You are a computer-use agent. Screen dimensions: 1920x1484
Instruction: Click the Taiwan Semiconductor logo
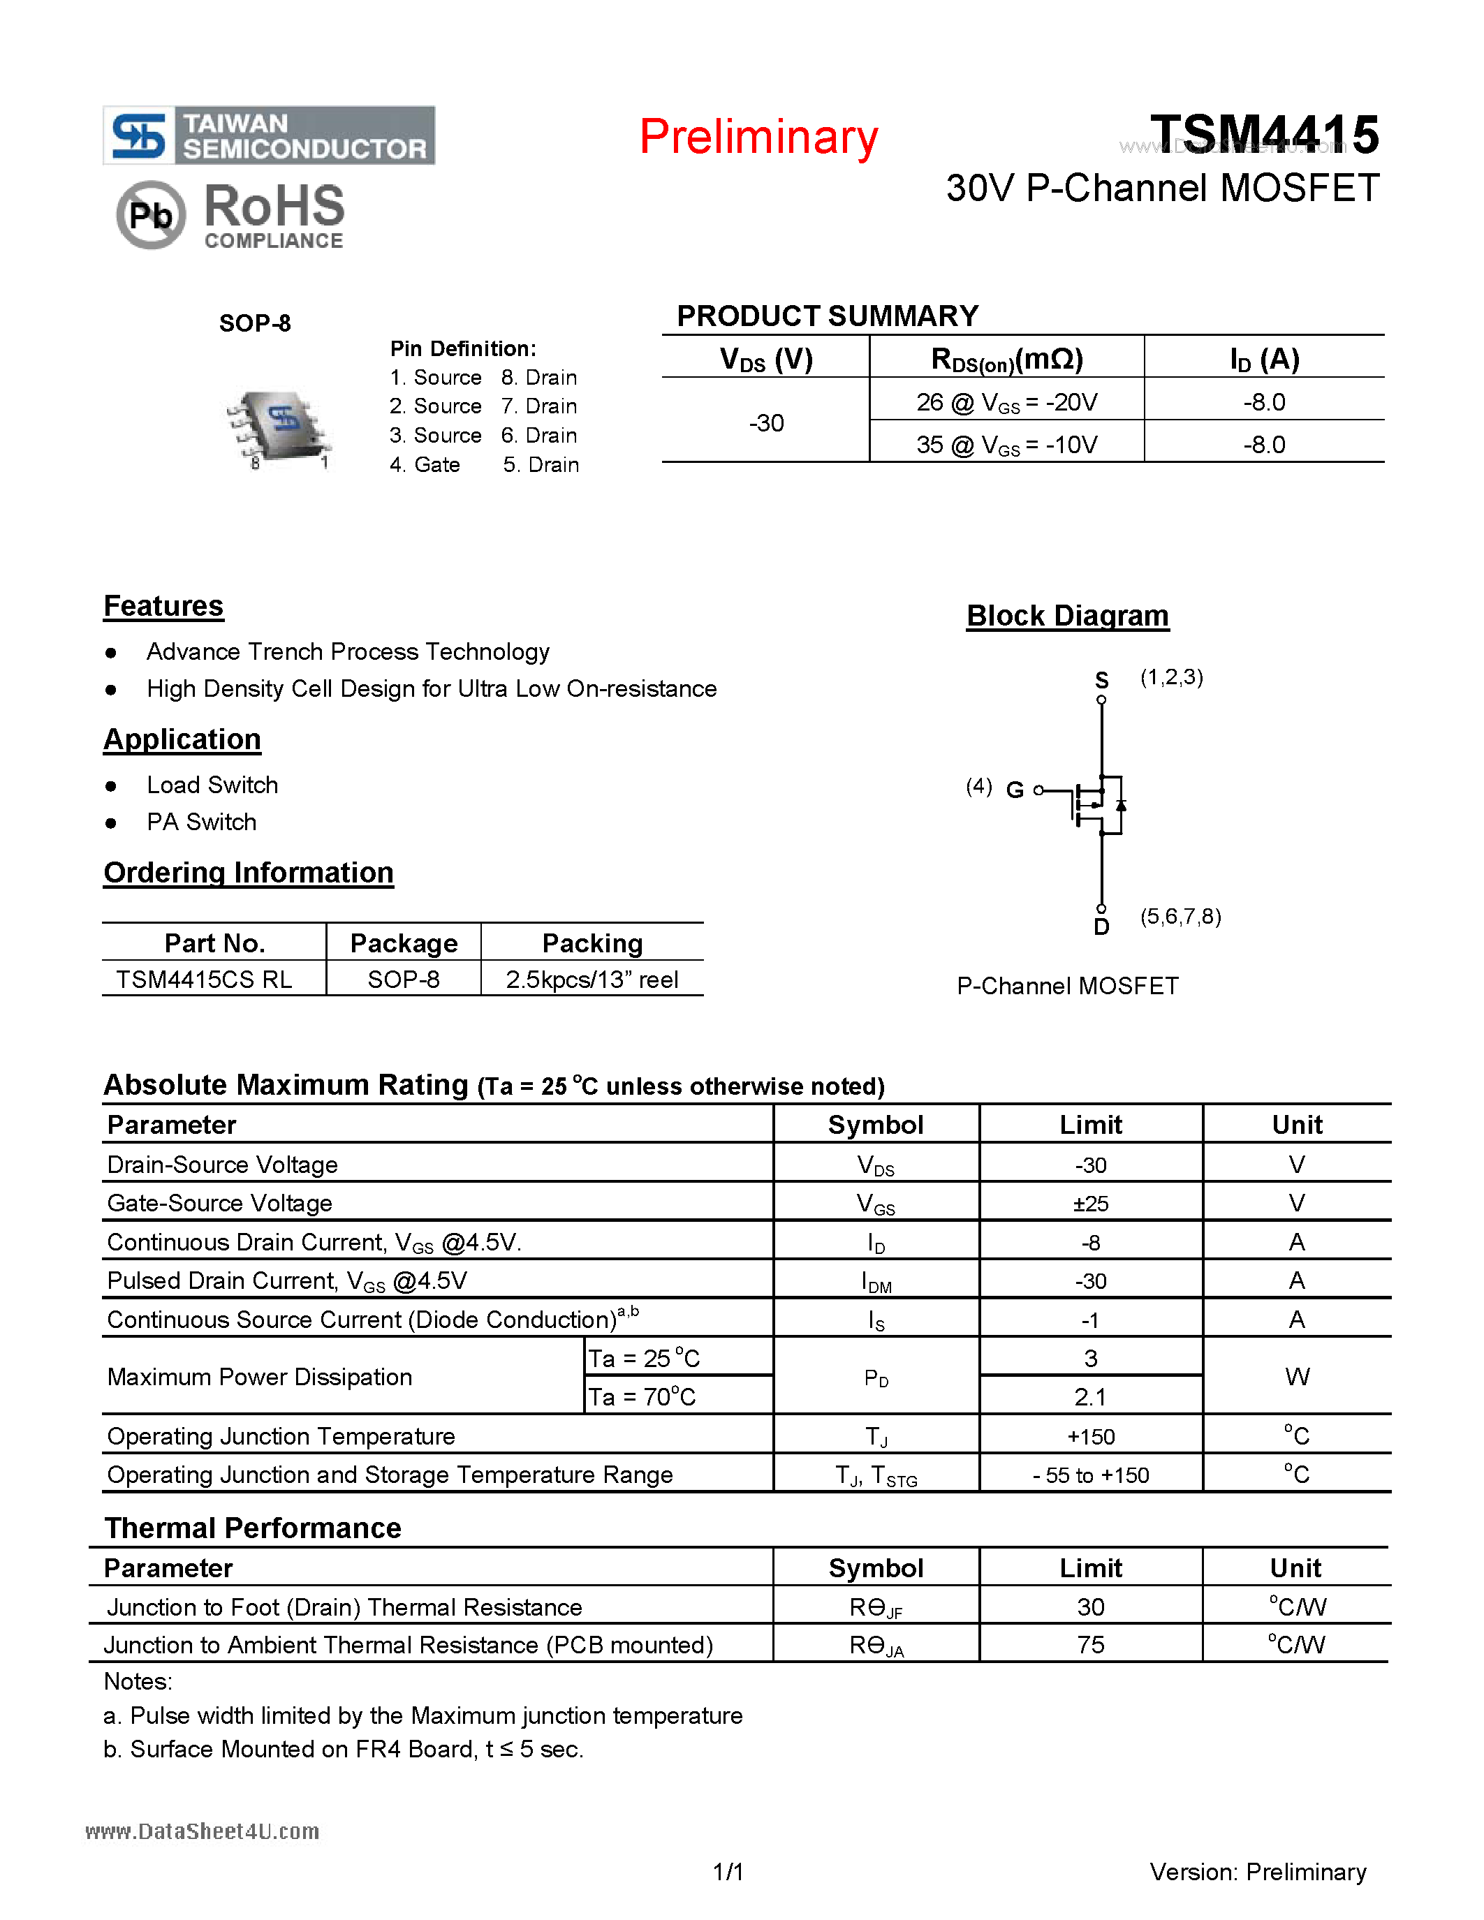[268, 135]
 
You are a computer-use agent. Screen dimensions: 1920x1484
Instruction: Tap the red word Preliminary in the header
[758, 137]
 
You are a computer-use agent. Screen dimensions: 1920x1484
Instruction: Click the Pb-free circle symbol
[150, 214]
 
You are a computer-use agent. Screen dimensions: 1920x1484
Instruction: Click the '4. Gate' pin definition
[425, 464]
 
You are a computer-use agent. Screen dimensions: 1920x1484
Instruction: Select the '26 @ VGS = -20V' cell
[1006, 403]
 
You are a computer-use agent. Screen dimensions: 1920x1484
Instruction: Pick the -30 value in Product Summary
[765, 423]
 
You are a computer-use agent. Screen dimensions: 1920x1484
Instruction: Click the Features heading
[163, 607]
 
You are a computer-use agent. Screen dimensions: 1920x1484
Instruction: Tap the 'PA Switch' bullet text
[201, 822]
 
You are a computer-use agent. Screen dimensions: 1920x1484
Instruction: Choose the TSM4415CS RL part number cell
[204, 980]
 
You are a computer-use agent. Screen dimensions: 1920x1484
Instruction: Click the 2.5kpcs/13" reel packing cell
[592, 980]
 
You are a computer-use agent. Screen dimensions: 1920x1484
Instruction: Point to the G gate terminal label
[1015, 790]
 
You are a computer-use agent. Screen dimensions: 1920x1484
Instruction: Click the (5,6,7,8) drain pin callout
[1180, 916]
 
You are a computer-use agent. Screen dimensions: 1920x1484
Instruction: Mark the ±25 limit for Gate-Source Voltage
[1090, 1204]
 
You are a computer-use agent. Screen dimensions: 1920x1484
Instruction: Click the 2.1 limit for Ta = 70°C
[1090, 1397]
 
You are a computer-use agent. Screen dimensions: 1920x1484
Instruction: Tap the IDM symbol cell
[876, 1282]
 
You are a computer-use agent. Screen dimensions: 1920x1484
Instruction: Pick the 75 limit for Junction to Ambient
[1090, 1645]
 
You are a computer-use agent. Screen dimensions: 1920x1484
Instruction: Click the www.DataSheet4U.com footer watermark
[203, 1831]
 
